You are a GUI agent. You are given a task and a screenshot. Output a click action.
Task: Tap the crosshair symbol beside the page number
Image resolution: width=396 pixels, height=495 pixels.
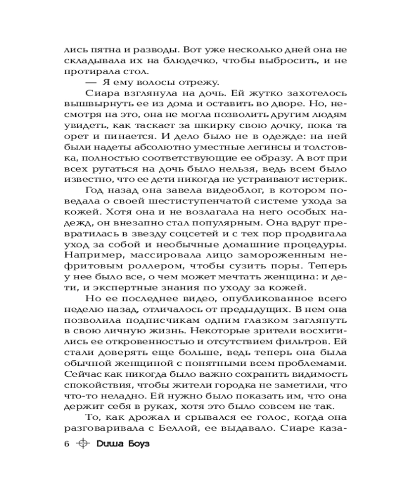click(x=83, y=444)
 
